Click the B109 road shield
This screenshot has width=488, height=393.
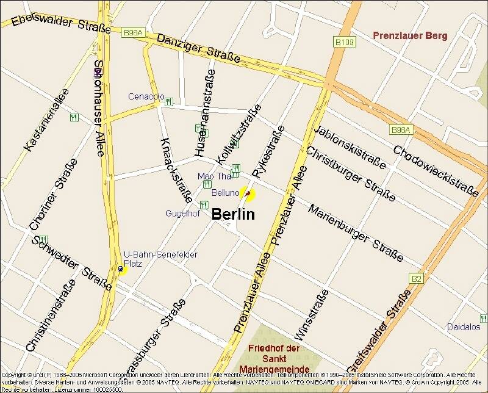tap(344, 42)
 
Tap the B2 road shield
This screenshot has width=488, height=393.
tap(416, 279)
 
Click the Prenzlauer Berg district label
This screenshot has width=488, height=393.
tap(410, 35)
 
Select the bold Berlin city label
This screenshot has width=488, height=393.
tap(233, 215)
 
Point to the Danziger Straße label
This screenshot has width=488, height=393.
tap(198, 48)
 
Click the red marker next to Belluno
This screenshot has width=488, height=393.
tap(247, 194)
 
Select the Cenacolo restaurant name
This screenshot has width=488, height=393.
tap(146, 96)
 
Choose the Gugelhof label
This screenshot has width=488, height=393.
tap(182, 214)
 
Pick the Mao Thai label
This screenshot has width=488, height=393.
tap(215, 176)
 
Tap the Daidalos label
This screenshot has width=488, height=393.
tap(464, 327)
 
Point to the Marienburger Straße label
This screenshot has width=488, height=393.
tap(356, 233)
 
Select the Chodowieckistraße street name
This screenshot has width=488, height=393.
tap(436, 171)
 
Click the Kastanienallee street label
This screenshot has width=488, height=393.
tap(46, 120)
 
